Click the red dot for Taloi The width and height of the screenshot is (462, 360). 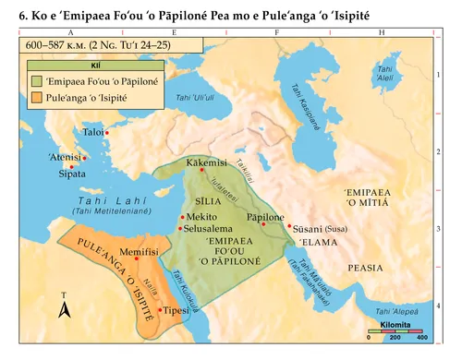pos(108,133)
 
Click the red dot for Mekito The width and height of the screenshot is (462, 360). pos(181,217)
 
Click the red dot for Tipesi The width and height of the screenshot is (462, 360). pos(161,310)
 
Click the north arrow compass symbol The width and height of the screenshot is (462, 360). pos(64,307)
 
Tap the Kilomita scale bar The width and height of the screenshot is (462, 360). pos(395,330)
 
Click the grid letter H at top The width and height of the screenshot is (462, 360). pos(383,32)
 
